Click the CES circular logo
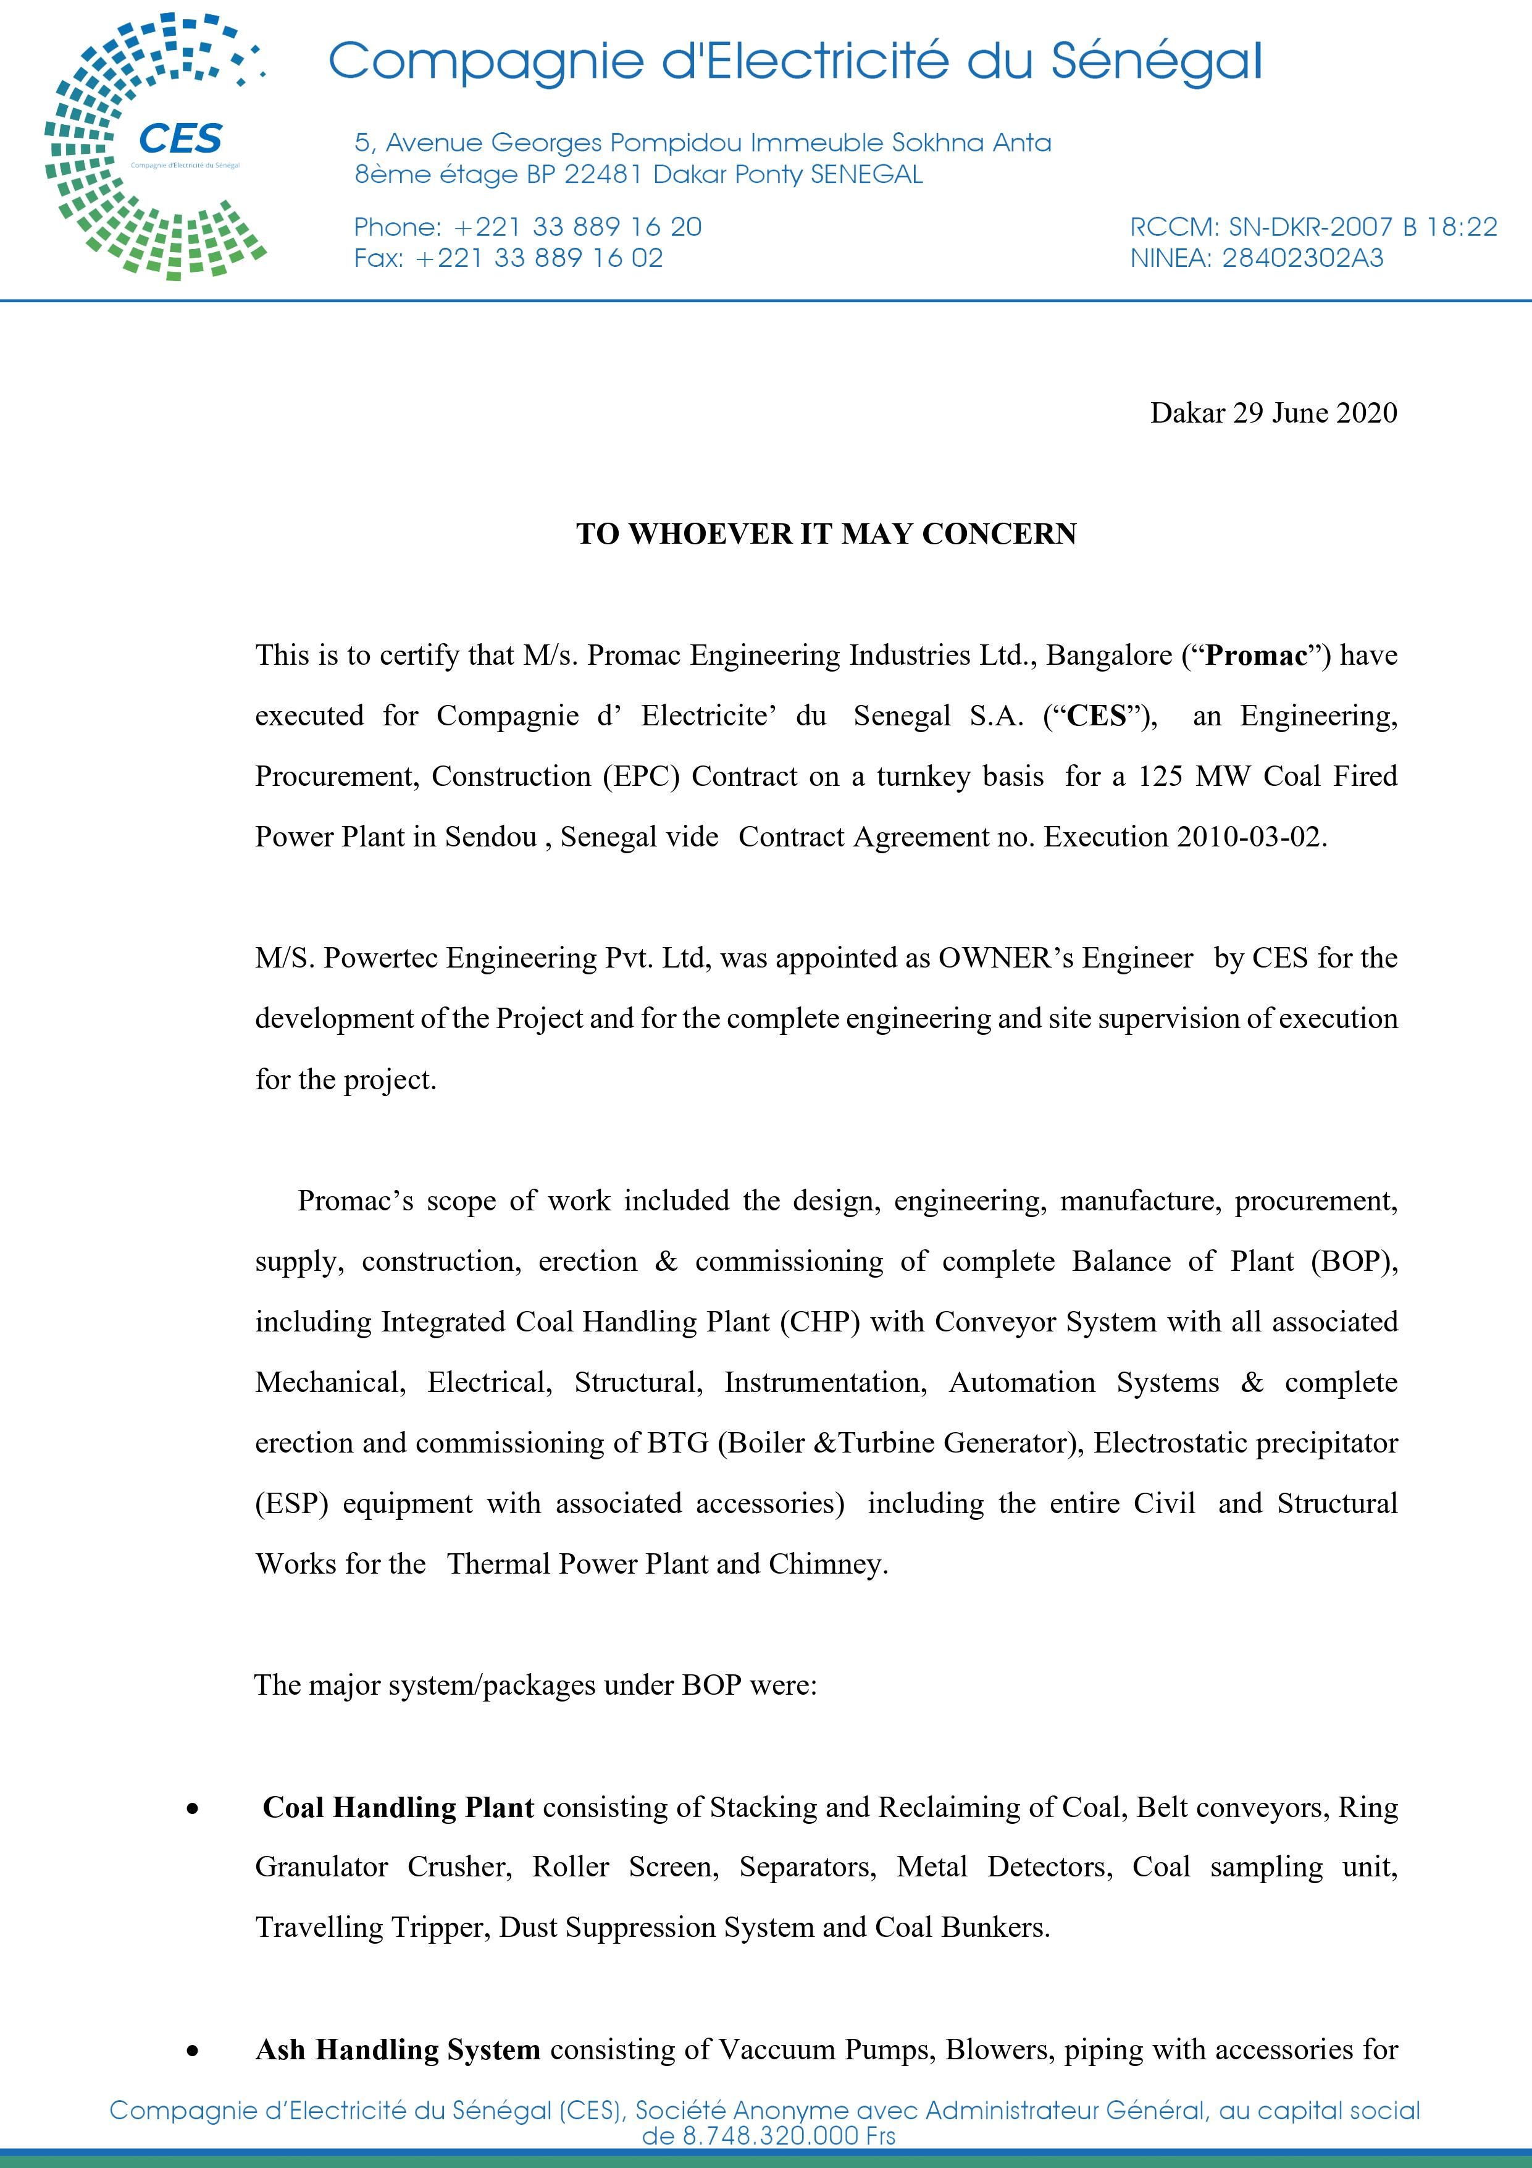point(156,147)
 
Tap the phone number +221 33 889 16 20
point(579,227)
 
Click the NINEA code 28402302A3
point(1302,258)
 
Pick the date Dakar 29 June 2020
point(1273,413)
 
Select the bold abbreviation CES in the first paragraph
point(1096,715)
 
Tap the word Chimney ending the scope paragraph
point(826,1564)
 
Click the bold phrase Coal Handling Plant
point(398,1807)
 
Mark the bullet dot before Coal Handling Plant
point(193,1809)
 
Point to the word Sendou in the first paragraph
point(490,837)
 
